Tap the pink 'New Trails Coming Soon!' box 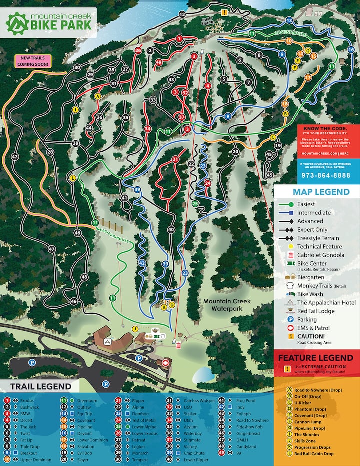pyautogui.click(x=32, y=61)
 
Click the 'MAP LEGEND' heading pyautogui.click(x=321, y=192)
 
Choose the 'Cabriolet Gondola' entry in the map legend pyautogui.click(x=320, y=255)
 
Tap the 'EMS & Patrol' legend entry pyautogui.click(x=315, y=328)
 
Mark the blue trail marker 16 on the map pyautogui.click(x=351, y=50)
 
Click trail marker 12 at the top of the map pyautogui.click(x=182, y=14)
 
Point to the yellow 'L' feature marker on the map pyautogui.click(x=73, y=178)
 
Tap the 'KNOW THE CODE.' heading pyautogui.click(x=323, y=128)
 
